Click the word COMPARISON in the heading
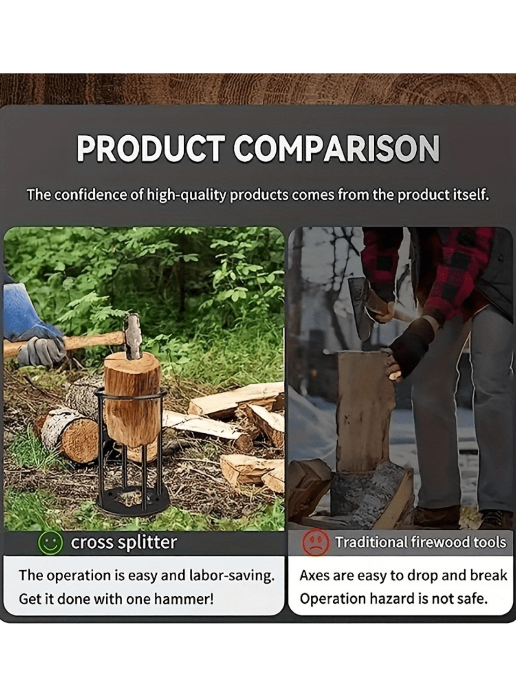336,148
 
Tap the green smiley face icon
50,543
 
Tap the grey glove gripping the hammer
42,351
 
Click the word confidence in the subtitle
90,195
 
